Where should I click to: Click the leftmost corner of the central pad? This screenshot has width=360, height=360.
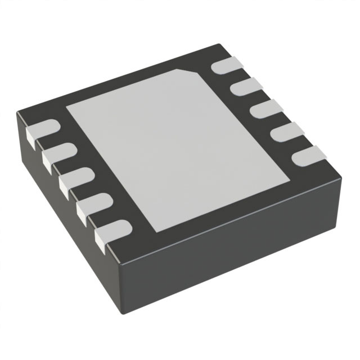pos(66,107)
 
